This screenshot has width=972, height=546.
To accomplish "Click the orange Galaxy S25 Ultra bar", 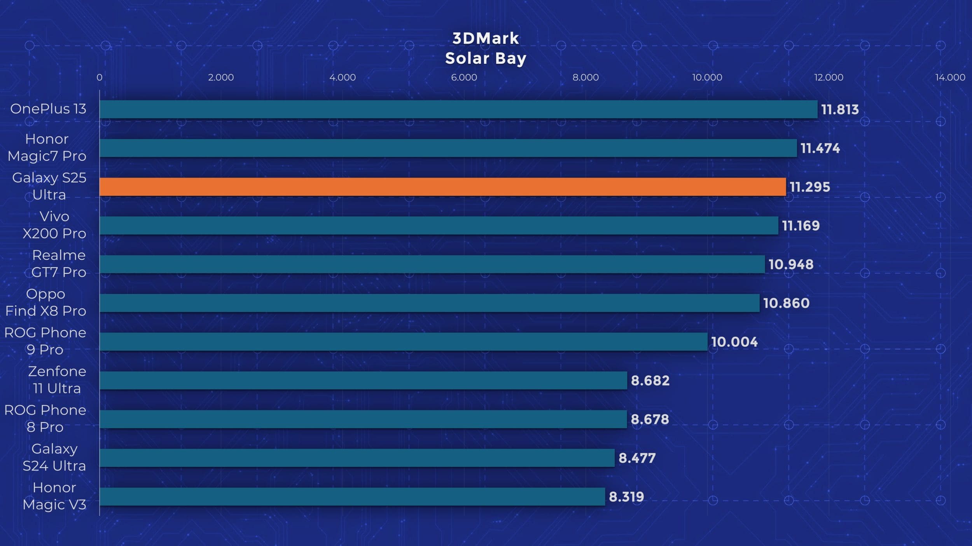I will click(442, 187).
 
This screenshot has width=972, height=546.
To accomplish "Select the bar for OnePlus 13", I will click(458, 109).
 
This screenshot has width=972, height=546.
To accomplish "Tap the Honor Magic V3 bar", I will click(352, 497).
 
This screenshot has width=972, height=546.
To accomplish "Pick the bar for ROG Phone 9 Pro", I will click(403, 342).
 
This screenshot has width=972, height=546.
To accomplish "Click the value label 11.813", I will click(840, 110).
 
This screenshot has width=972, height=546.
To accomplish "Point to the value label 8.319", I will click(626, 497).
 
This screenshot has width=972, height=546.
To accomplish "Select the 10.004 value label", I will click(734, 342).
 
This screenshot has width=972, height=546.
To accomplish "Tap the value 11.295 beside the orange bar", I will click(809, 187).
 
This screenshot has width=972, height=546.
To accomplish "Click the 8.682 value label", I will click(650, 381).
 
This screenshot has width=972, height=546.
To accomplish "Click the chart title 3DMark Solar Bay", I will click(486, 49).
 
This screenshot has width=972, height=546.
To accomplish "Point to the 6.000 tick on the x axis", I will click(464, 77).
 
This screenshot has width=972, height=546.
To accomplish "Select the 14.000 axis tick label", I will click(950, 77).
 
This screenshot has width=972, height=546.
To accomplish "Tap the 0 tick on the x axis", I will click(100, 77).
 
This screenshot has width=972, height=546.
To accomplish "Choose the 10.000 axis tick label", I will click(707, 77).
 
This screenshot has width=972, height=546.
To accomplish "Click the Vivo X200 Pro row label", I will click(54, 225).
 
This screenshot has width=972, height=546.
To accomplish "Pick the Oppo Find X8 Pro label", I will click(46, 302).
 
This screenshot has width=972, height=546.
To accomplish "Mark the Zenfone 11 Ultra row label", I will click(57, 380).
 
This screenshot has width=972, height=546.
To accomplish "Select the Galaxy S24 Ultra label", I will click(54, 457).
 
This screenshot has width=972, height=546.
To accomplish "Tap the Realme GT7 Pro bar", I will click(432, 264).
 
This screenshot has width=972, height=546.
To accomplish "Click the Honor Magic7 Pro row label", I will click(47, 148).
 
